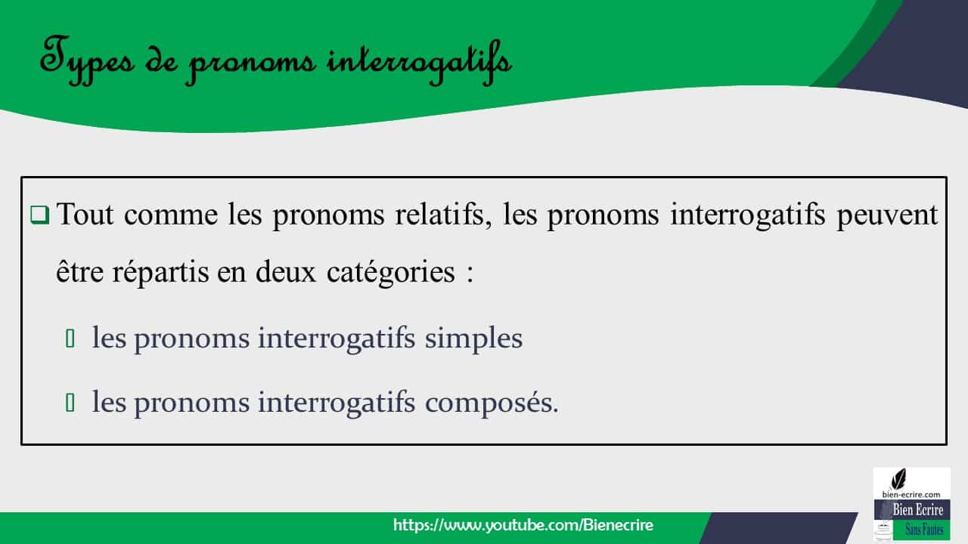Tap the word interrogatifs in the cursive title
tap(419, 61)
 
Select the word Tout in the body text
tap(84, 216)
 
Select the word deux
tap(285, 272)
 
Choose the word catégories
tap(390, 273)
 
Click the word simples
tap(473, 338)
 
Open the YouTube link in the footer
tap(523, 525)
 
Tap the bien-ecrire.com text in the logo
tap(911, 493)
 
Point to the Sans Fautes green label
tap(923, 530)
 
